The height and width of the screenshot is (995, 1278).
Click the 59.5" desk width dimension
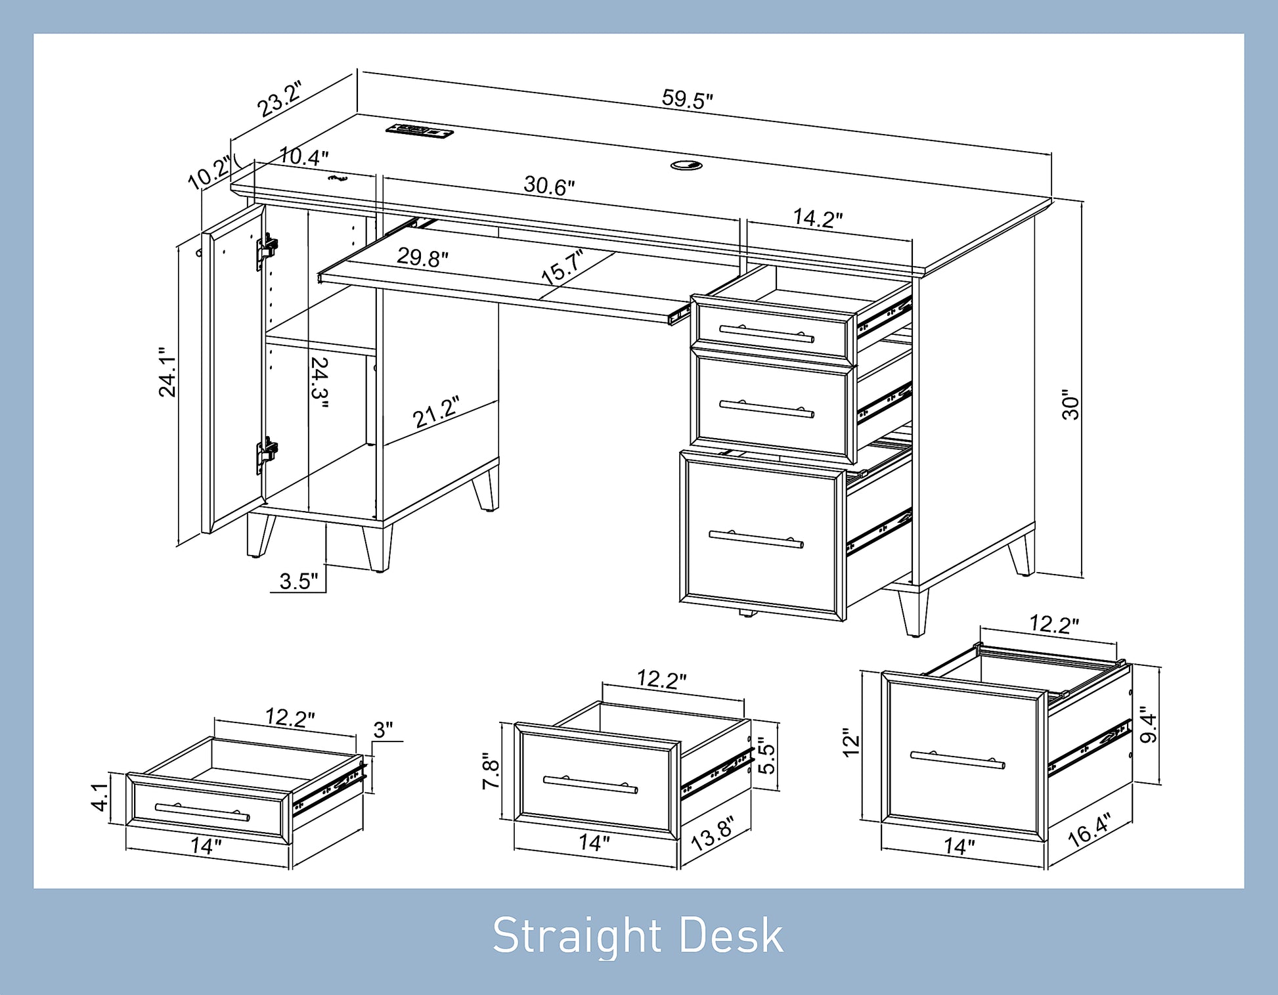(687, 99)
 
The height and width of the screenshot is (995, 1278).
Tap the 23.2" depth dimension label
(280, 99)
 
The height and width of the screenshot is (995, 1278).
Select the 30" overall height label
(1070, 405)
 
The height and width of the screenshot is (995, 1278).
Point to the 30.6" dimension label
(549, 186)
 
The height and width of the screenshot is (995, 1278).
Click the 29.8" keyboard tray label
(422, 257)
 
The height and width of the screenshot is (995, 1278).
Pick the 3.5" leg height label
(298, 581)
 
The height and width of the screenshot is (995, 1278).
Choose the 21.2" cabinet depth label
(436, 412)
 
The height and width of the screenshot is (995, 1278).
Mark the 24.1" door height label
(167, 372)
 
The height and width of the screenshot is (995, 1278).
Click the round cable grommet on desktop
(686, 165)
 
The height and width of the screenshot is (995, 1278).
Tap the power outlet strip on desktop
(419, 130)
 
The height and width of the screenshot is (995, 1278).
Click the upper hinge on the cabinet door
(267, 250)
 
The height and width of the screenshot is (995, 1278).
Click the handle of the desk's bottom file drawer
(756, 539)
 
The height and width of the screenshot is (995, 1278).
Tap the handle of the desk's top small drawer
(766, 334)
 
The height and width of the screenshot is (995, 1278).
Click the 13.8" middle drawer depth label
(712, 833)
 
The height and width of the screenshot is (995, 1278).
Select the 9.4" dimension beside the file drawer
(1148, 724)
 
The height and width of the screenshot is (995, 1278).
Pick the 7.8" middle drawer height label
(491, 771)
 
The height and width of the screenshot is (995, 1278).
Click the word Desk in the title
(731, 935)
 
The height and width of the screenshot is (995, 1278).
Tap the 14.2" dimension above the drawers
(818, 217)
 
